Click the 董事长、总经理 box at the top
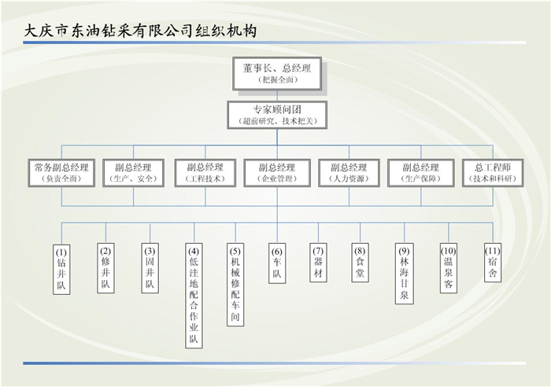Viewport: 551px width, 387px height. (276, 74)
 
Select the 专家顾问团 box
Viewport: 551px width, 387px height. (276, 114)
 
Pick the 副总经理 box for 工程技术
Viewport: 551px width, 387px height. (205, 173)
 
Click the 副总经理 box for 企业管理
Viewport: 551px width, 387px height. (276, 173)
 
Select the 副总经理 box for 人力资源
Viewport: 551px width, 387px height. (349, 173)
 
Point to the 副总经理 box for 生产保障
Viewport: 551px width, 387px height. (420, 173)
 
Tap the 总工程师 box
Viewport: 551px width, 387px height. (492, 173)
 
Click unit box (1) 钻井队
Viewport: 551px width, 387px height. (62, 269)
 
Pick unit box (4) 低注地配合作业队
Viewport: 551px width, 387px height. (193, 294)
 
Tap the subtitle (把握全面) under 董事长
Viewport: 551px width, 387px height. (276, 81)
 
